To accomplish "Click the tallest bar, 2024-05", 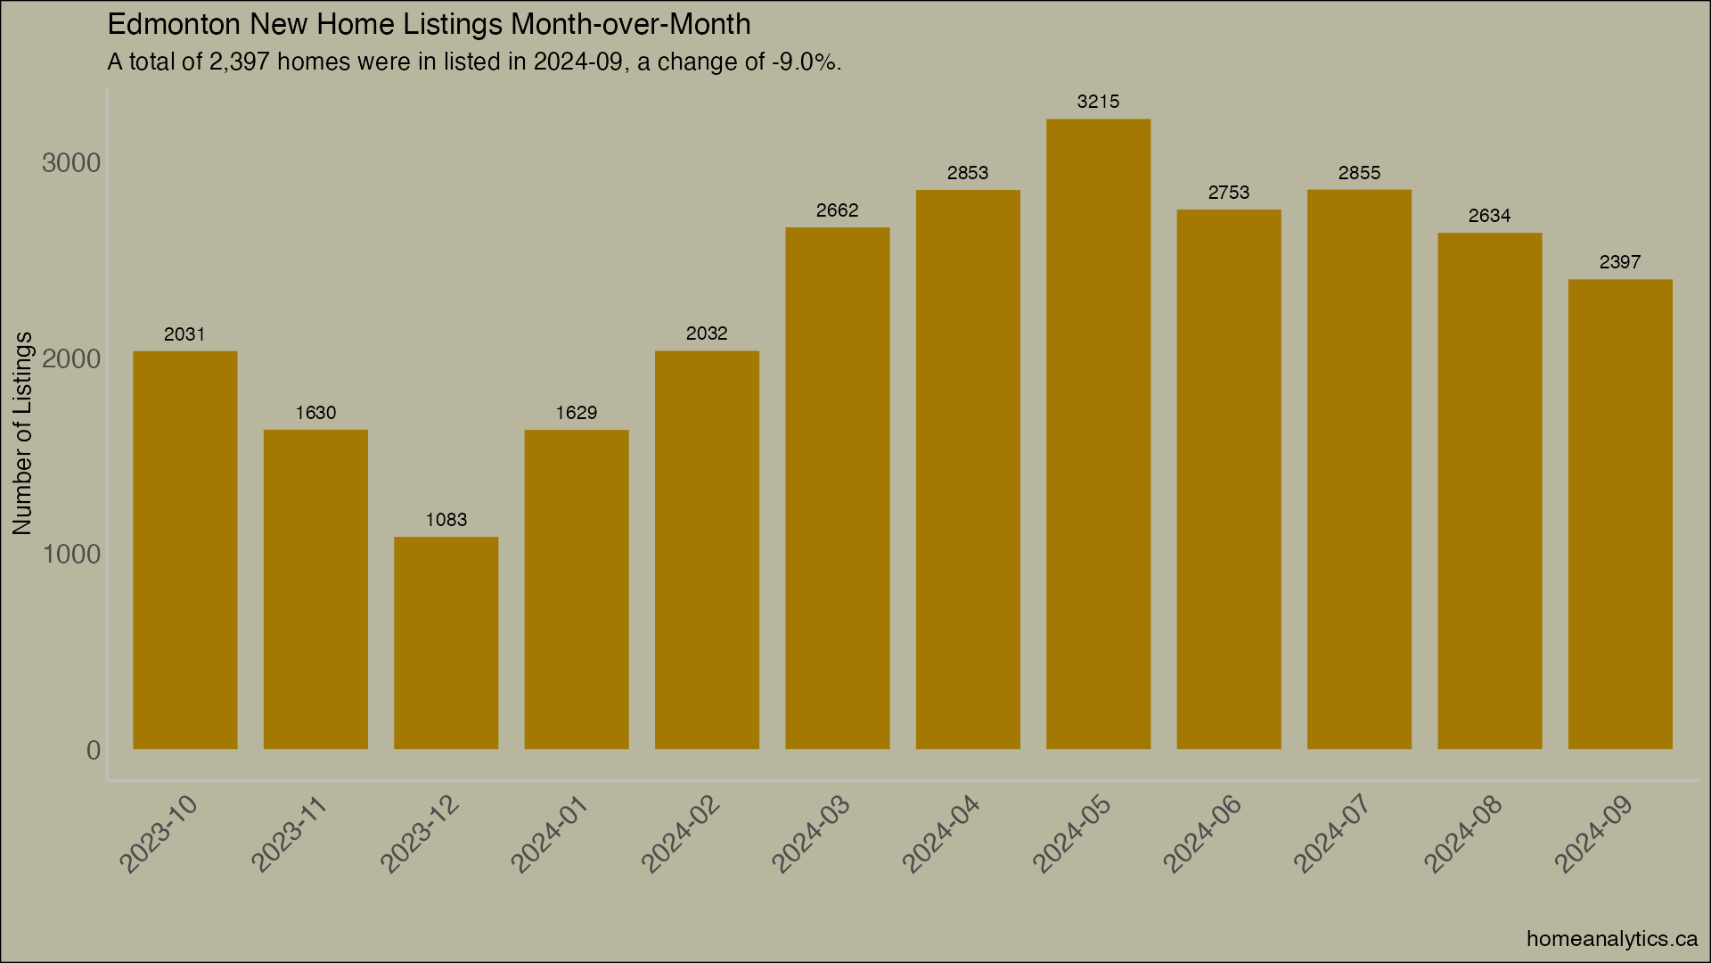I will click(1098, 433).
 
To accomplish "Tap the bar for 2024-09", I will click(1619, 514).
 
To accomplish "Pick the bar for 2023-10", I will click(185, 549).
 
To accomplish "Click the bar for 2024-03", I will click(837, 488).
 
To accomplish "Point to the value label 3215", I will click(1098, 102).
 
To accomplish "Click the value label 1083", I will click(446, 520).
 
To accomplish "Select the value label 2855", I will click(1359, 173).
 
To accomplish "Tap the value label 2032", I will click(707, 333).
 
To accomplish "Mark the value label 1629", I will click(577, 413).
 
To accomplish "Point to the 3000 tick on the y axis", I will click(71, 163).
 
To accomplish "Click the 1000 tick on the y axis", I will click(71, 555).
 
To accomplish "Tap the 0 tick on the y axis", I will click(93, 751).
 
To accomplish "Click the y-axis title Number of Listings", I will click(22, 433).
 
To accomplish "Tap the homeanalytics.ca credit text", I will click(1611, 939).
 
